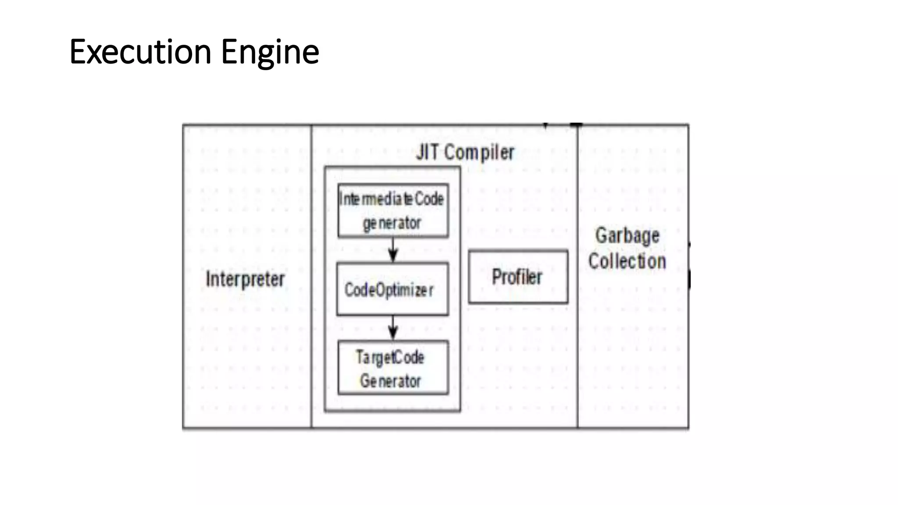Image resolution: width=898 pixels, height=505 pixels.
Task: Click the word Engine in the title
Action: (270, 52)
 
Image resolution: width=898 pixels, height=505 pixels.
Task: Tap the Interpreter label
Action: (245, 279)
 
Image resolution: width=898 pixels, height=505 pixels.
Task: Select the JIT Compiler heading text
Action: (465, 153)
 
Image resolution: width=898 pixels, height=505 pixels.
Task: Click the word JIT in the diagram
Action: (428, 153)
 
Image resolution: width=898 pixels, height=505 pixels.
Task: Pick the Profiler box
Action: (518, 277)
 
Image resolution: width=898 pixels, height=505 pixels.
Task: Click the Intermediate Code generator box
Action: (393, 211)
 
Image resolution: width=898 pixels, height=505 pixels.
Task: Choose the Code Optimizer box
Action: (392, 289)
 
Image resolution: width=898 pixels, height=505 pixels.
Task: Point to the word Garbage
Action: (627, 236)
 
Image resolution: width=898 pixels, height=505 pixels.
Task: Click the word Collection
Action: (627, 261)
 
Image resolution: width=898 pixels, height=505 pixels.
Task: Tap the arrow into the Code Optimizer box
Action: (393, 250)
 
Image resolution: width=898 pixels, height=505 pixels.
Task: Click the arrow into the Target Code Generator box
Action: (393, 328)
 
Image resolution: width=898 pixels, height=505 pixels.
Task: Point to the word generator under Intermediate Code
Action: (392, 224)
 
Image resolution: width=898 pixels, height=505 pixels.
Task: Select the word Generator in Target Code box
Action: (390, 381)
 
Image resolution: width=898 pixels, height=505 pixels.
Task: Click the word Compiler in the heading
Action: (479, 153)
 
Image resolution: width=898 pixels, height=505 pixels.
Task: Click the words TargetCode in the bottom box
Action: (390, 357)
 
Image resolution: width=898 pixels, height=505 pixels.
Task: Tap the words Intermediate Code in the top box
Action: (392, 199)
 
